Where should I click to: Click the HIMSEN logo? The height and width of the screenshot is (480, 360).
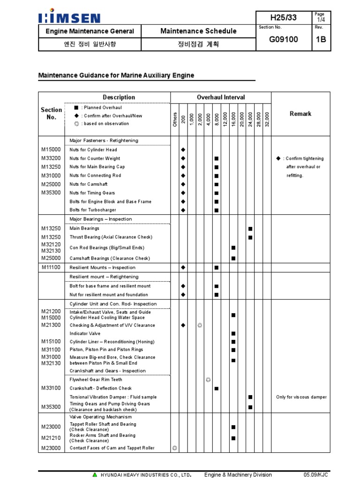click(69, 18)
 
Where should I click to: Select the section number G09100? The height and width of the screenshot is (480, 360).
click(283, 39)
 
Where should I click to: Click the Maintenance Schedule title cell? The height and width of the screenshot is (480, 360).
click(198, 31)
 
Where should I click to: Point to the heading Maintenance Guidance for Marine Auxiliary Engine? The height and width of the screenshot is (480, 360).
click(116, 75)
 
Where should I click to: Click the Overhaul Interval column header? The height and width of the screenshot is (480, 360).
click(220, 97)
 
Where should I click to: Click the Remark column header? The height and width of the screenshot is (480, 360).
click(300, 114)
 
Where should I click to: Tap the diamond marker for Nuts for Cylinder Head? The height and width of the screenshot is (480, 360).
click(183, 150)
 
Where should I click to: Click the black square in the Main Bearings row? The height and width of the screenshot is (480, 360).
click(250, 229)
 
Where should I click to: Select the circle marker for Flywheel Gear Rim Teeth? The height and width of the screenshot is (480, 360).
click(208, 379)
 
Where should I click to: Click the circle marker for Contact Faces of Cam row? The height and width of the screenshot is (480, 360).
click(175, 448)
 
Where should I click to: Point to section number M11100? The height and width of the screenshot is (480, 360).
click(51, 267)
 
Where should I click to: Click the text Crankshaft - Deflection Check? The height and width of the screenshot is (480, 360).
click(101, 388)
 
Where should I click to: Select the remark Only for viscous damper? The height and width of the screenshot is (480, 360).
click(301, 397)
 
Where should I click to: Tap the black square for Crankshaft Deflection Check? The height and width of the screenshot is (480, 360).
click(217, 389)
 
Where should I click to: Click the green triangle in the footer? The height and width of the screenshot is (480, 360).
click(95, 475)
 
